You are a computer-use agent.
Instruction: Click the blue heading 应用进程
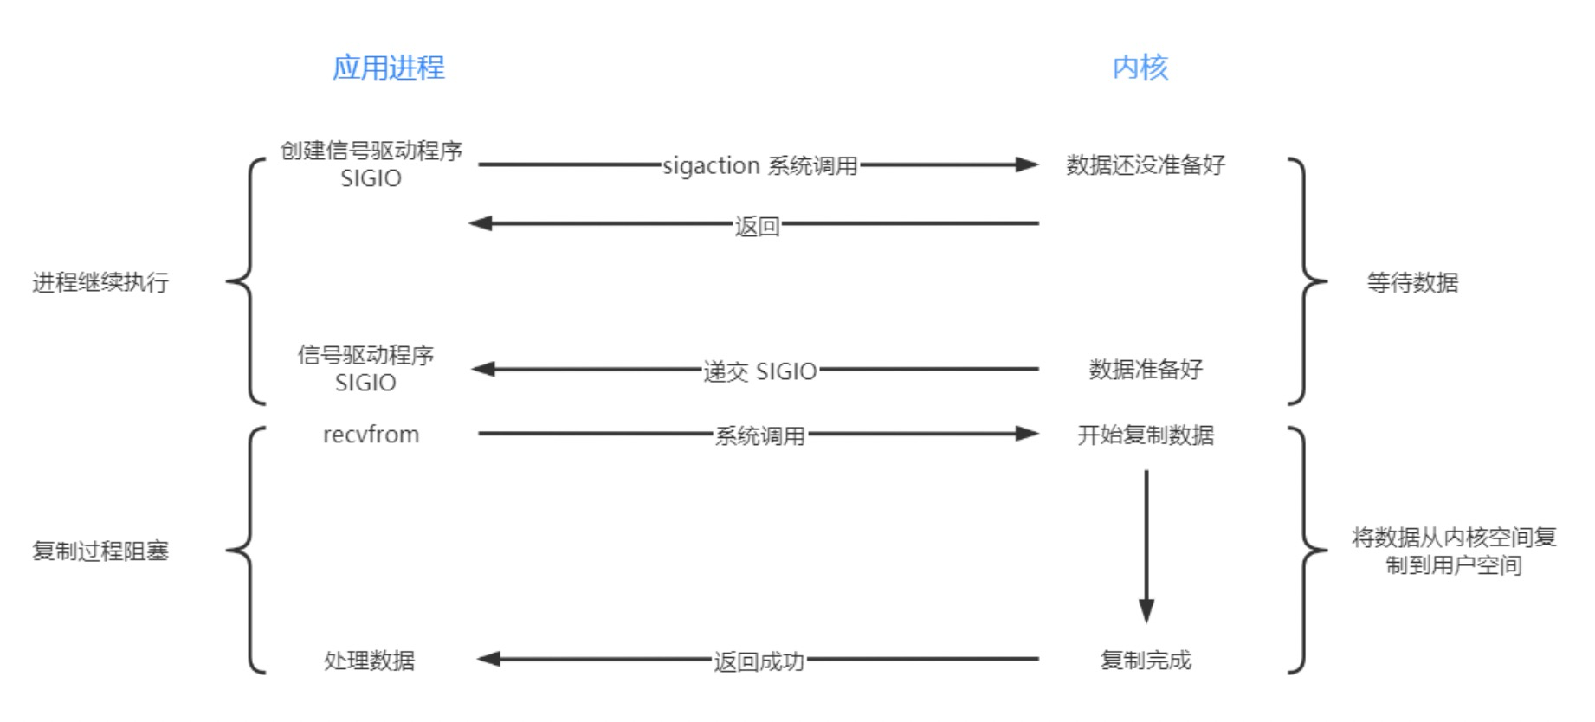coord(388,68)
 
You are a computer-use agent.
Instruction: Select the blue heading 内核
coord(1140,68)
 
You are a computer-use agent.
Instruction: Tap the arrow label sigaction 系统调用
coord(759,165)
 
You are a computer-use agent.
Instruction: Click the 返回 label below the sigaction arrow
coord(757,226)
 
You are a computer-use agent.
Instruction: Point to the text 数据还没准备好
coord(1145,164)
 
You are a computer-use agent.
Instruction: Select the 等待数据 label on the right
coord(1411,282)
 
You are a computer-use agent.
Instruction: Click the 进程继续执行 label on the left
coord(100,282)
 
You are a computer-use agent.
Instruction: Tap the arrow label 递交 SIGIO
coord(759,371)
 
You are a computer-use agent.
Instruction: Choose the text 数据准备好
coord(1145,370)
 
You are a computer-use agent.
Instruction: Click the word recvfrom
coord(371,435)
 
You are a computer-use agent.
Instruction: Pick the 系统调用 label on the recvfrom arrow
coord(759,435)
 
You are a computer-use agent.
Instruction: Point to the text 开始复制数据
coord(1145,435)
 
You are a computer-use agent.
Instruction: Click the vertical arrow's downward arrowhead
coord(1146,610)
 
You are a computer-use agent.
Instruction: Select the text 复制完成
coord(1145,661)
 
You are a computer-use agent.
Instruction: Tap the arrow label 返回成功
coord(759,661)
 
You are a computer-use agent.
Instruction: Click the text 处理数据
coord(369,661)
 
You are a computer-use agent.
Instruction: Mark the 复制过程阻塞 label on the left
coord(100,551)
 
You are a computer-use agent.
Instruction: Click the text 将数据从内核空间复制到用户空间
coord(1453,551)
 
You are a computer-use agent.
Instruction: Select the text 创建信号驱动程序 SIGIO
coord(371,164)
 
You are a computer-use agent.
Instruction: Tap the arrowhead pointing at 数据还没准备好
coord(1027,164)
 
